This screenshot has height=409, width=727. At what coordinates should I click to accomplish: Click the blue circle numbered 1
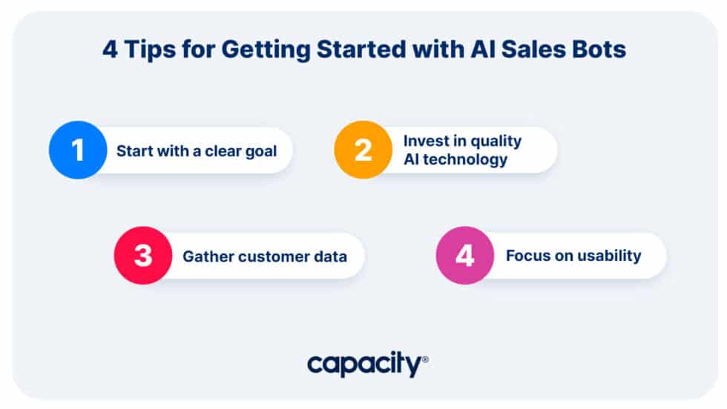point(78,150)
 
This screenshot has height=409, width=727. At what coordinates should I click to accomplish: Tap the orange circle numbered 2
point(363,150)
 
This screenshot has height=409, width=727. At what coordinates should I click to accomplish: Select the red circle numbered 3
point(142,256)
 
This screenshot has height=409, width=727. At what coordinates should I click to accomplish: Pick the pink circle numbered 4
point(464,256)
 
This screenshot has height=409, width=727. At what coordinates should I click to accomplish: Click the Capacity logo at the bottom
point(367,364)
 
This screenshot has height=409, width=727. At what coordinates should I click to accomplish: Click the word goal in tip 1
point(261,151)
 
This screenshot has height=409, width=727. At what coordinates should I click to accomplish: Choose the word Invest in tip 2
point(424,141)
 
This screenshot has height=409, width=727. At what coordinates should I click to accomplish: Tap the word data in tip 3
point(331,257)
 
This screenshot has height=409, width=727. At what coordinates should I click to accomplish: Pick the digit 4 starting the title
point(108,50)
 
